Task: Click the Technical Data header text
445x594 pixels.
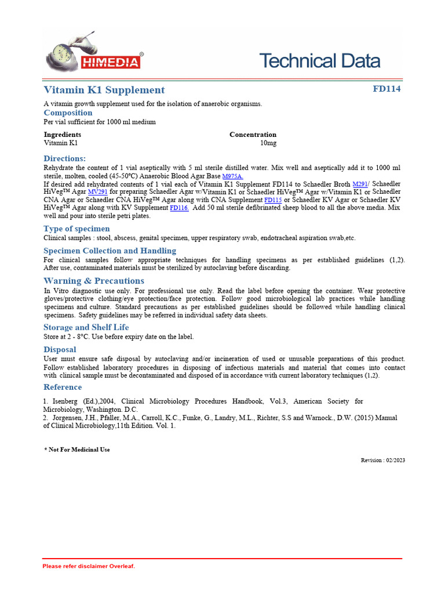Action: point(319,61)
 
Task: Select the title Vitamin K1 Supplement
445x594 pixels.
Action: point(104,90)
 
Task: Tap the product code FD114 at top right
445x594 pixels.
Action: point(386,89)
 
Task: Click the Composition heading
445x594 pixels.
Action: point(68,113)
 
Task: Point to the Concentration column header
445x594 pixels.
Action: point(253,135)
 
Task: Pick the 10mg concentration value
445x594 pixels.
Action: point(268,143)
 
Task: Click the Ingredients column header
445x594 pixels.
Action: point(62,135)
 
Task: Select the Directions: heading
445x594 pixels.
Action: point(65,158)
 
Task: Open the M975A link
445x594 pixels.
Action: point(232,176)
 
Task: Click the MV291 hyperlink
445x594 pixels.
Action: point(97,191)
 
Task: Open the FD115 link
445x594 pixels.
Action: point(273,200)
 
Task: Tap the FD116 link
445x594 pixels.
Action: point(179,208)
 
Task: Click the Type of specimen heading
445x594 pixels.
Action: point(76,229)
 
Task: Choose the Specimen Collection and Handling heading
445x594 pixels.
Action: point(110,251)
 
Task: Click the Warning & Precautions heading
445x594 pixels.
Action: point(94,281)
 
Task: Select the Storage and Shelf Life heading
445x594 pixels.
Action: point(86,327)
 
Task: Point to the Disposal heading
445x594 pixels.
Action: point(60,350)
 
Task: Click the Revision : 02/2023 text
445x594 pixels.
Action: point(382,460)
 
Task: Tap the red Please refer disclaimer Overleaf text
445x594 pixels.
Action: point(89,566)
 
